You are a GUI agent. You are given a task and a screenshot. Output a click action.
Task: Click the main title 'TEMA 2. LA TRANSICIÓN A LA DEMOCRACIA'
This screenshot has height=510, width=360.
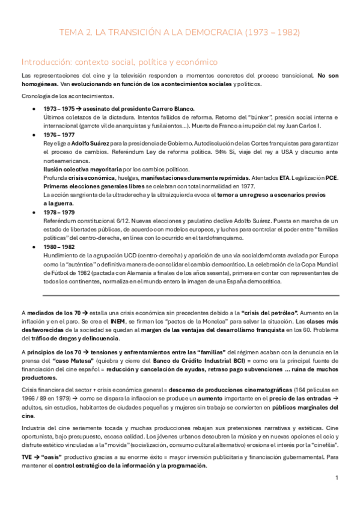pos(180,32)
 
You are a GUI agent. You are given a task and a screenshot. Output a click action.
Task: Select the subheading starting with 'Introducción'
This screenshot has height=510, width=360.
pos(119,62)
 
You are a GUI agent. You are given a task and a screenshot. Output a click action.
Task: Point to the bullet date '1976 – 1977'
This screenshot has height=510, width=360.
pos(58,136)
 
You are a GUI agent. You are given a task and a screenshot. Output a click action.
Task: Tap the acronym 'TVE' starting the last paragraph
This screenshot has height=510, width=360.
pos(27,457)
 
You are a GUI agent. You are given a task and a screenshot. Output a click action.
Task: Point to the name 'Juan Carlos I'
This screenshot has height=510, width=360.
pos(305,126)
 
